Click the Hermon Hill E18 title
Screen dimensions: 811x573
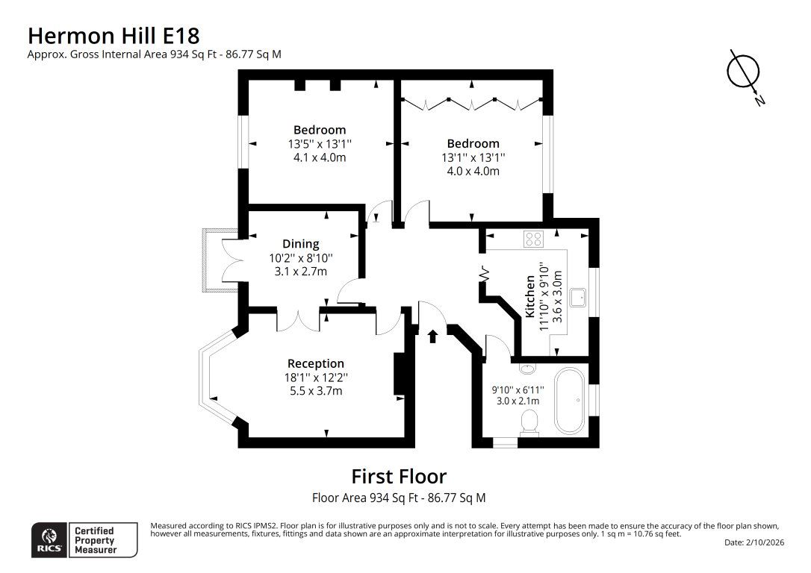point(114,36)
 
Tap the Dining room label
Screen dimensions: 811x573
point(300,244)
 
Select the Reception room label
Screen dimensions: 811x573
point(315,363)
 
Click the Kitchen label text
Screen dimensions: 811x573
point(529,296)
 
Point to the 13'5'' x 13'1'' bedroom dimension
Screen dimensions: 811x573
point(320,144)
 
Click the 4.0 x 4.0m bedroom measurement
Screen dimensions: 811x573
point(473,171)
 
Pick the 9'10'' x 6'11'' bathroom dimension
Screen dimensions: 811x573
point(518,389)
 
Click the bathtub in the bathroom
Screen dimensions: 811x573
point(570,401)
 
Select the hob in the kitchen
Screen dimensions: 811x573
point(534,238)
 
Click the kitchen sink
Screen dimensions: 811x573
point(578,298)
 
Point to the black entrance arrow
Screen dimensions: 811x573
point(433,336)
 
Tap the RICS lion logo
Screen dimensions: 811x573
point(49,540)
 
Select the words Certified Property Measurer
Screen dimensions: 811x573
point(95,540)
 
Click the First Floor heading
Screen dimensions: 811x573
point(399,476)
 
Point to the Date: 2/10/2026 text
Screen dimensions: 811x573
point(754,542)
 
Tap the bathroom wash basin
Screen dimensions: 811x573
point(527,369)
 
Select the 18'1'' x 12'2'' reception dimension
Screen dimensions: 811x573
point(315,378)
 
